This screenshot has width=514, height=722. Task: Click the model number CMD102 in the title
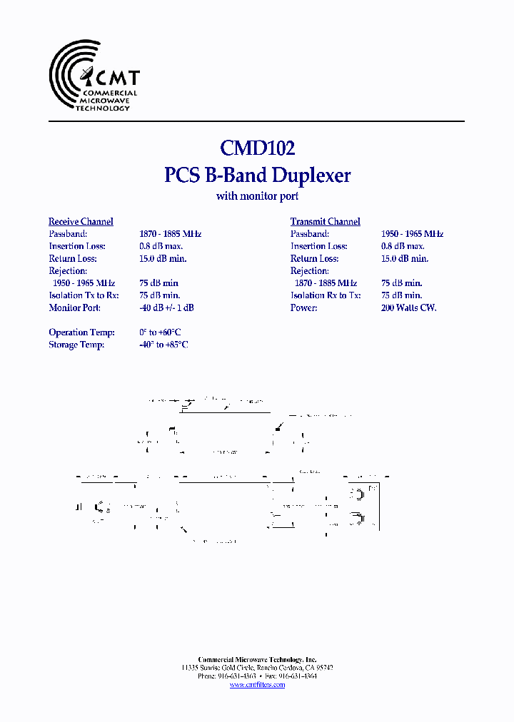(x=257, y=148)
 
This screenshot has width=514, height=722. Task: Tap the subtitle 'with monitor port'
(x=257, y=196)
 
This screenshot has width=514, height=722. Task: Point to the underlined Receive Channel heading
(x=81, y=222)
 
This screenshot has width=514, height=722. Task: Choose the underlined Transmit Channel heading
(x=325, y=222)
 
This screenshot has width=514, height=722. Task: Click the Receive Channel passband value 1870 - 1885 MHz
(x=170, y=234)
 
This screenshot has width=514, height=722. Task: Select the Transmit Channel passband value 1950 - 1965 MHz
(x=412, y=234)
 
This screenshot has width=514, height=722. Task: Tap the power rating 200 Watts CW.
(x=408, y=307)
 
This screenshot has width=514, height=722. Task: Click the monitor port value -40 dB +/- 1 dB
(x=166, y=307)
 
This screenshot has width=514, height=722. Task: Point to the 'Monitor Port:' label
(x=74, y=307)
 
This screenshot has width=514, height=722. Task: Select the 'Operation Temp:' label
(x=78, y=332)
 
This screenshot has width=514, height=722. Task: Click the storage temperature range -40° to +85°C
(x=163, y=345)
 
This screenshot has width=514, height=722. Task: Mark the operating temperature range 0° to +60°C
(x=160, y=332)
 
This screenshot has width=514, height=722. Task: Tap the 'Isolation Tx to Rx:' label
(x=84, y=295)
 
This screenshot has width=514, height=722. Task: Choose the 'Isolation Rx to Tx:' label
(x=326, y=295)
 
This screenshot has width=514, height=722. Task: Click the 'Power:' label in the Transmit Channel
(x=303, y=307)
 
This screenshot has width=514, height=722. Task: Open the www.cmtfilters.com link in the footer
(x=257, y=685)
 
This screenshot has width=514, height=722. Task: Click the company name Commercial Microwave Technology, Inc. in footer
(x=257, y=660)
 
